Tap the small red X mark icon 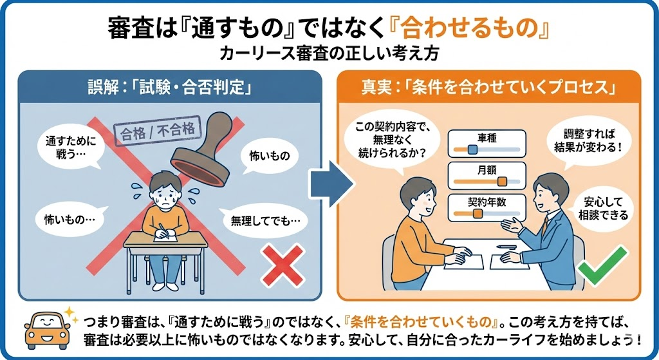pyautogui.click(x=283, y=265)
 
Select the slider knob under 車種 pyautogui.click(x=472, y=149)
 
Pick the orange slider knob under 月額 pyautogui.click(x=502, y=182)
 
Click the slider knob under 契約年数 pyautogui.click(x=478, y=214)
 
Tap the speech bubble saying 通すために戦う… pyautogui.click(x=70, y=147)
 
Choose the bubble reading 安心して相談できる pyautogui.click(x=602, y=209)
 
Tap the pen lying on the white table pyautogui.click(x=506, y=247)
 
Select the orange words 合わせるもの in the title pyautogui.click(x=469, y=28)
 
